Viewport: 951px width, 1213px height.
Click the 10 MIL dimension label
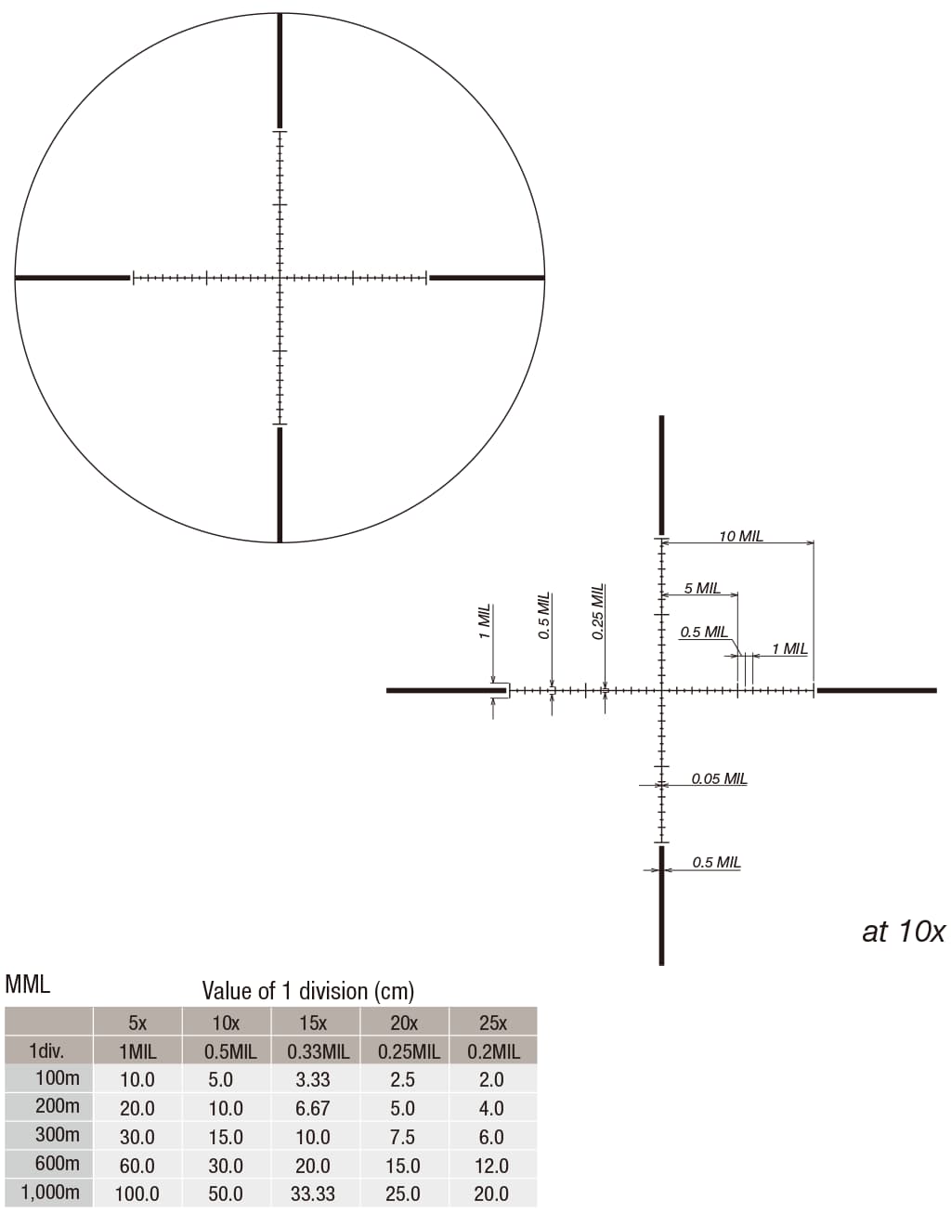point(740,537)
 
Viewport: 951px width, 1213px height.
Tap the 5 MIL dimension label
point(702,588)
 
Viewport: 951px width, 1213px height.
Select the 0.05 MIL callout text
point(719,778)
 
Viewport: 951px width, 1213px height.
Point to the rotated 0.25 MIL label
point(598,612)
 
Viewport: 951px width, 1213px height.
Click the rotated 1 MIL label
point(485,621)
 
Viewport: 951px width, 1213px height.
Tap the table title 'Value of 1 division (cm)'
point(308,991)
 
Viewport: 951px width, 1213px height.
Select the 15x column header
point(313,1024)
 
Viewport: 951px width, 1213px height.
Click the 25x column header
point(493,1024)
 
